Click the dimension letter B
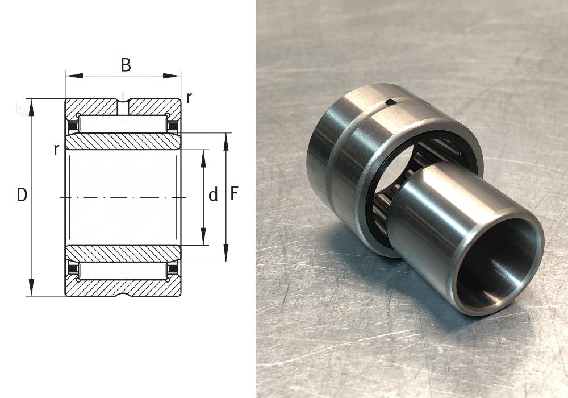[126, 65]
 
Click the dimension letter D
[22, 195]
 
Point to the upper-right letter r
[189, 98]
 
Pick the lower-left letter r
[56, 150]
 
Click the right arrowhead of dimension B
[172, 76]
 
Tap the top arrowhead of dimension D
[31, 107]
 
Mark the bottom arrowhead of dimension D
[31, 288]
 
